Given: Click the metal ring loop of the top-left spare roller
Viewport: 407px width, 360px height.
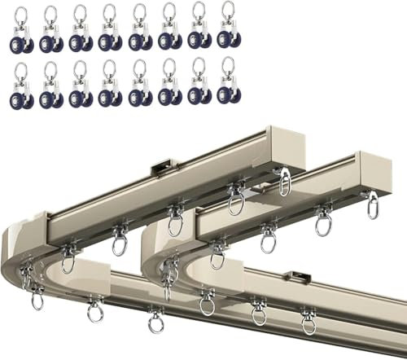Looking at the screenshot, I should coord(22,14).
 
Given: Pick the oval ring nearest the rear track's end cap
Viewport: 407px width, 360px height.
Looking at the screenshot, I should coord(283,182).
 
